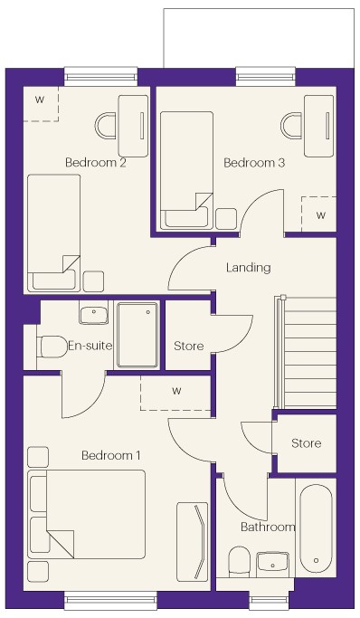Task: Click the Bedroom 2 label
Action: pyautogui.click(x=96, y=162)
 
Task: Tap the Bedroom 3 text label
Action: pyautogui.click(x=254, y=162)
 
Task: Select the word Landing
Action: pyautogui.click(x=249, y=268)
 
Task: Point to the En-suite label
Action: pyautogui.click(x=90, y=346)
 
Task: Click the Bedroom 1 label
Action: pyautogui.click(x=110, y=456)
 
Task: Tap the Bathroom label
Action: pyautogui.click(x=268, y=527)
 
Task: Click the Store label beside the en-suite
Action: pyautogui.click(x=189, y=346)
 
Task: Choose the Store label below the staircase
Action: pyautogui.click(x=306, y=443)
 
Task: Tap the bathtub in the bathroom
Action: pyautogui.click(x=316, y=528)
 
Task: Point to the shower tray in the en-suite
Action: pyautogui.click(x=137, y=335)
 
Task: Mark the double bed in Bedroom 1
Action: pyautogui.click(x=86, y=514)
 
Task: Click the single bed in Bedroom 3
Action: pyautogui.click(x=186, y=170)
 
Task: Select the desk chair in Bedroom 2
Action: pyautogui.click(x=106, y=126)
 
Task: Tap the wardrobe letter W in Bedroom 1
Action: pyautogui.click(x=177, y=391)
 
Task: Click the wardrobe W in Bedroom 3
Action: pyautogui.click(x=321, y=215)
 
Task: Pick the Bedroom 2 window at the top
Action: pyautogui.click(x=100, y=77)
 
